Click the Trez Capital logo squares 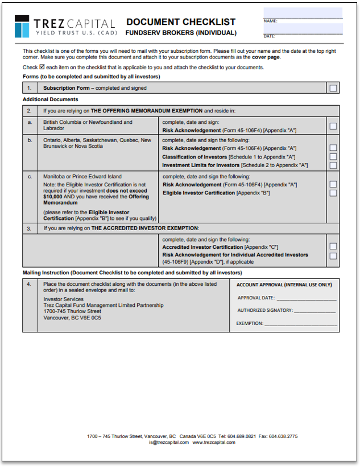click(22, 26)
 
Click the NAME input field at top click(303, 13)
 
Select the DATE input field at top click(303, 29)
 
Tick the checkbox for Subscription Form click(333, 88)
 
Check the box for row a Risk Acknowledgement click(333, 126)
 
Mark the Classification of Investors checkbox click(333, 157)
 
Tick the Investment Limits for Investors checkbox click(333, 165)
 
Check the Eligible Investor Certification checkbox click(333, 193)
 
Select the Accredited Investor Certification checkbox click(333, 247)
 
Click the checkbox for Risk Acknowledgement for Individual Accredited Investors click(333, 256)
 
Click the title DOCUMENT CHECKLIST click(180, 22)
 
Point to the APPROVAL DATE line click(307, 298)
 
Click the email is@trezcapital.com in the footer click(169, 442)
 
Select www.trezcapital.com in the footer click(214, 442)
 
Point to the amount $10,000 click(53, 197)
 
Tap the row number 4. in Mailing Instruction click(30, 283)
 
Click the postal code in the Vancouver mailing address click(92, 318)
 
